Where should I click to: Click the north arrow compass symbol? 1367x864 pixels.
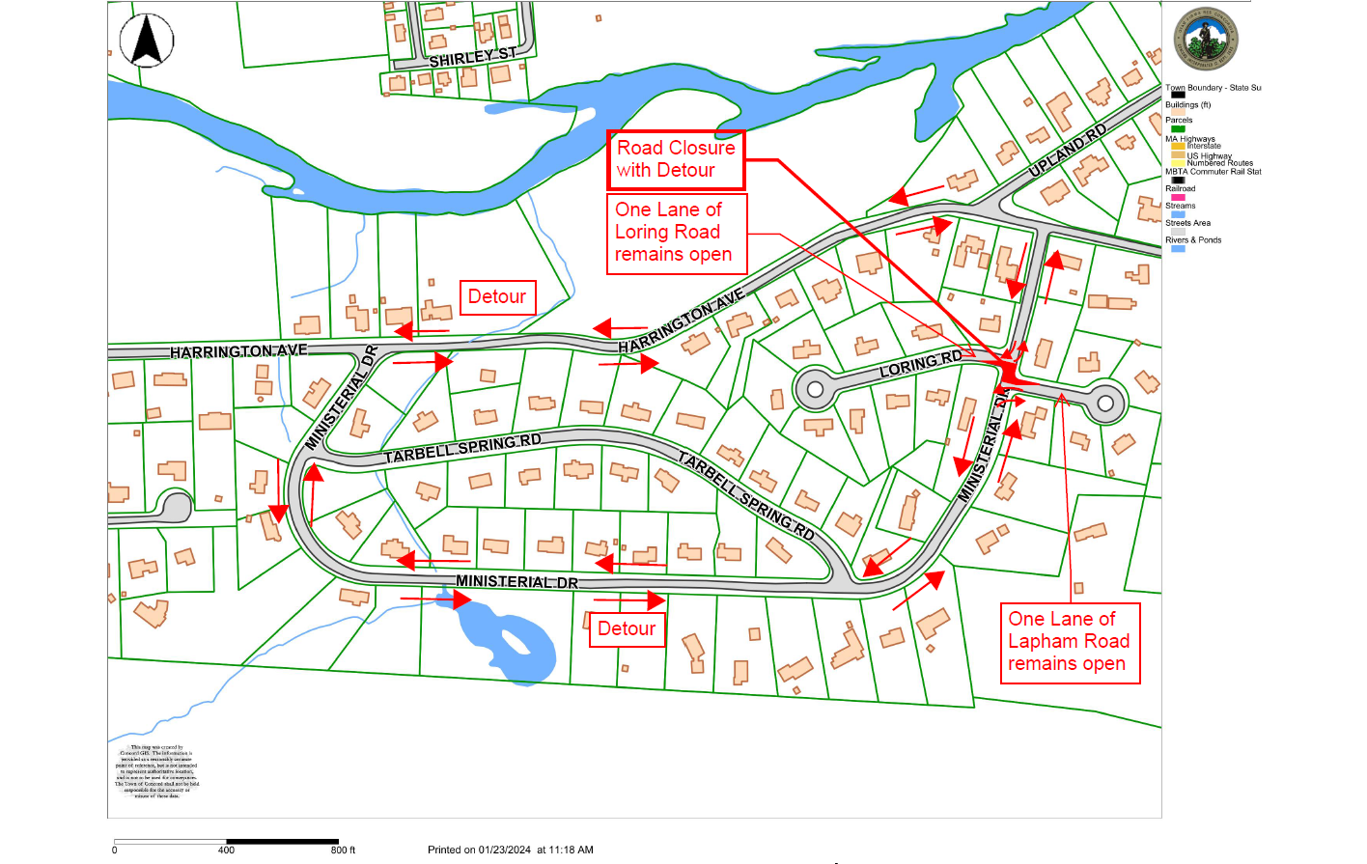[147, 42]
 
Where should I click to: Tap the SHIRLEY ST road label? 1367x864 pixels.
[472, 58]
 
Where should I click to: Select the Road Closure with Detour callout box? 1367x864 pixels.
[676, 159]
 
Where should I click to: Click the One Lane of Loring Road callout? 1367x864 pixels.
[676, 233]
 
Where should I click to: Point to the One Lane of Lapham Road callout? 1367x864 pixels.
[1070, 642]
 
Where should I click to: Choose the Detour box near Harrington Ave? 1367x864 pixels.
[497, 297]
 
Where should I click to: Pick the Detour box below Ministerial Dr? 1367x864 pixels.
[627, 629]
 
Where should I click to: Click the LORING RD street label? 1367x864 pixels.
[921, 364]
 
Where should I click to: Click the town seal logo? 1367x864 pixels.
[1205, 41]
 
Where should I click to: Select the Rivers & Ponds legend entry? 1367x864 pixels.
[1193, 240]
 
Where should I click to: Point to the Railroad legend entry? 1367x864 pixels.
[1180, 189]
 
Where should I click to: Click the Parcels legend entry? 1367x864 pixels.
[1179, 121]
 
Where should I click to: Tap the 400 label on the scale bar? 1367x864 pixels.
[226, 850]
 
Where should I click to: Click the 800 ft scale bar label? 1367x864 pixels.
[343, 850]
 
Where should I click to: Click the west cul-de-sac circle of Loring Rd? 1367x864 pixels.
[815, 389]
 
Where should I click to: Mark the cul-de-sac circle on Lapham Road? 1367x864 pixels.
[1106, 403]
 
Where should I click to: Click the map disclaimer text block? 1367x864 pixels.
[156, 771]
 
